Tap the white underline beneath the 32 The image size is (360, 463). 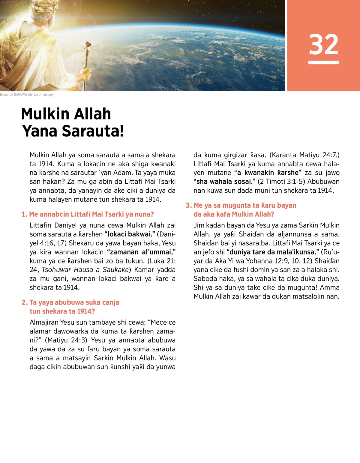pyautogui.click(x=323, y=62)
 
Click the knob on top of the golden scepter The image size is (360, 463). pyautogui.click(x=88, y=45)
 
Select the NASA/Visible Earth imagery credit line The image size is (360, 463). pyautogui.click(x=27, y=95)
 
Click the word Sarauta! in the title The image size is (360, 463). pyautogui.click(x=73, y=131)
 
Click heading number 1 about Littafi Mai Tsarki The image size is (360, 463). pyautogui.click(x=88, y=214)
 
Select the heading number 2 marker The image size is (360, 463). pyautogui.click(x=25, y=302)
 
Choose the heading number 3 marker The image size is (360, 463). pyautogui.click(x=189, y=206)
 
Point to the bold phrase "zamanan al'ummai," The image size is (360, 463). pyautogui.click(x=141, y=252)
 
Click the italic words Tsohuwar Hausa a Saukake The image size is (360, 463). pyautogui.click(x=85, y=270)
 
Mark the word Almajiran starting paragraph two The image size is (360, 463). pyautogui.click(x=44, y=323)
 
